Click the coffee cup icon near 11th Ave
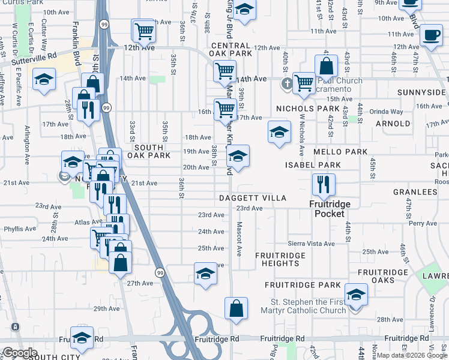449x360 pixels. coord(431,35)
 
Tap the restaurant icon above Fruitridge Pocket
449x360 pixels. coord(324,185)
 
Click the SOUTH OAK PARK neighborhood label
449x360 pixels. coord(152,151)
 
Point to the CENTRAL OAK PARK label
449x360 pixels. coord(231,50)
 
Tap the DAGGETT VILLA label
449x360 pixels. coord(252,197)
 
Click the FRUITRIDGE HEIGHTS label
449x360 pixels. coord(280,259)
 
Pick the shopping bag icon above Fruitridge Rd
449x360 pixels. coord(237,308)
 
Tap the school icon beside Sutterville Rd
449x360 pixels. coord(44,79)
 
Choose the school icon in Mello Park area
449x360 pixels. coord(279,133)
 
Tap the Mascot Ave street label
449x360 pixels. coord(239,239)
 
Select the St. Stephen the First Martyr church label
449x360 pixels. coord(309,306)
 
